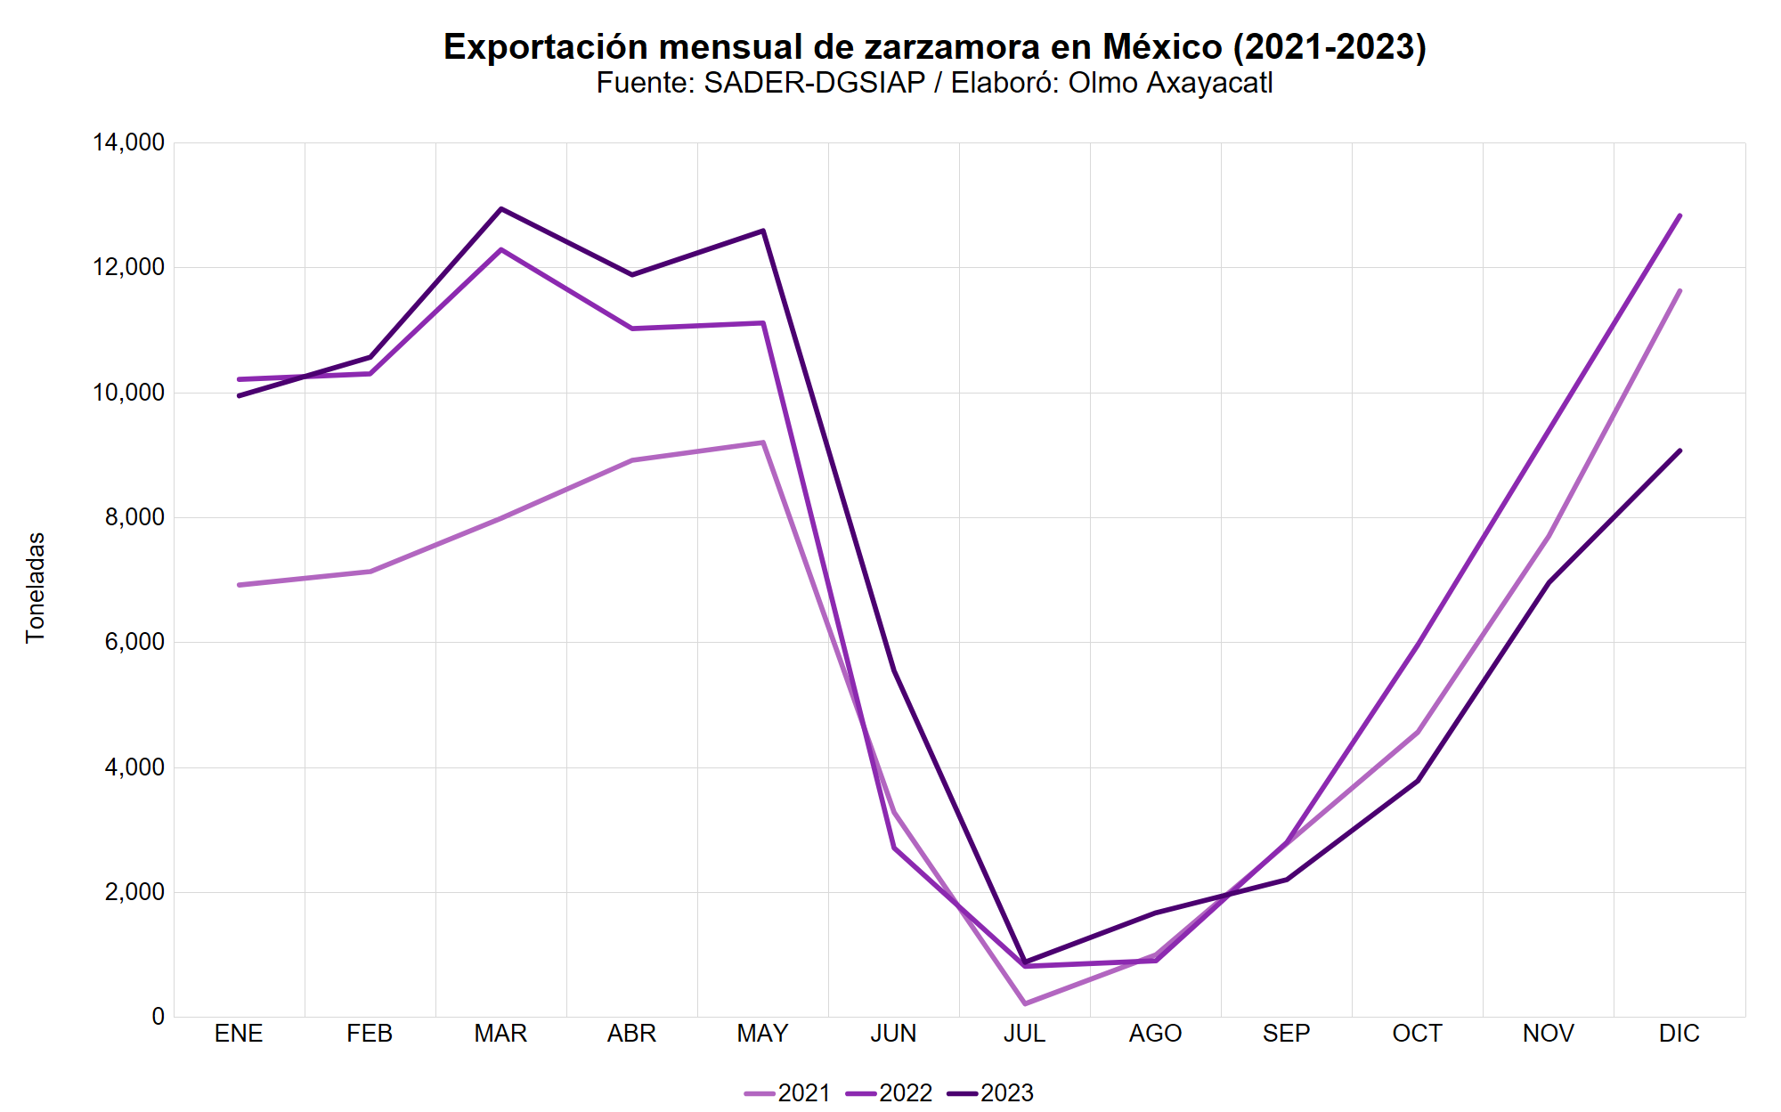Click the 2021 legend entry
[788, 1092]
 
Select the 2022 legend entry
[890, 1092]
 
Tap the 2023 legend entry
[991, 1092]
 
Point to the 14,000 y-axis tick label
[128, 142]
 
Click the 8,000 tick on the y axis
[134, 517]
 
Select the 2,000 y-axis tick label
[134, 892]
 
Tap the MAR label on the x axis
[500, 1034]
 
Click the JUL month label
[1024, 1034]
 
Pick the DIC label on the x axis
[1679, 1034]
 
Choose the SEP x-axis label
[1286, 1034]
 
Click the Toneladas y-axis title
[35, 588]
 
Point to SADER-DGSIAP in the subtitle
[814, 83]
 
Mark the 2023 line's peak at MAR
[501, 208]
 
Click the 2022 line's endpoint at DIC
[1679, 215]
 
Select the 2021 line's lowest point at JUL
[1025, 1004]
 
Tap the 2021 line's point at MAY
[763, 442]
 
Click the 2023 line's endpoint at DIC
[1679, 450]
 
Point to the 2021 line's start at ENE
[240, 585]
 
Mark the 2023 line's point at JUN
[894, 670]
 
